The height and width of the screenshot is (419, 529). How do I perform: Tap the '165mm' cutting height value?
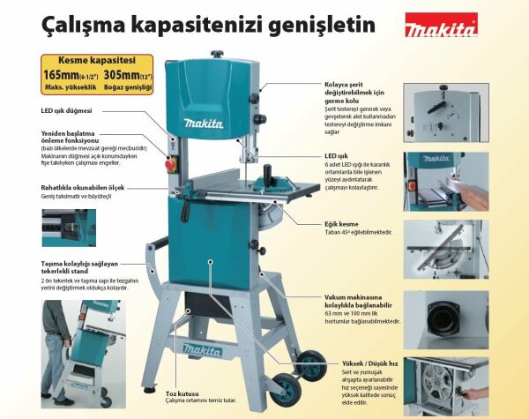(x=61, y=75)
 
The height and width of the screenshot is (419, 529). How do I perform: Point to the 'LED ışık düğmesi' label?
(x=74, y=111)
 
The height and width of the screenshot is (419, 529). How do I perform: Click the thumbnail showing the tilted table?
(x=445, y=249)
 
